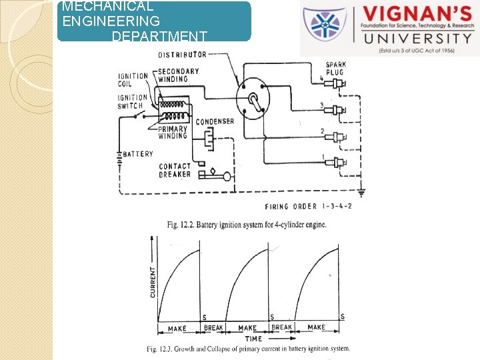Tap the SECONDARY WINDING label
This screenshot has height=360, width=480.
click(178, 75)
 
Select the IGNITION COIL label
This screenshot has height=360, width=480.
click(133, 79)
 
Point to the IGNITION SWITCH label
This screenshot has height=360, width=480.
click(133, 101)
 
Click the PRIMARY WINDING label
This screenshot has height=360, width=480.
click(173, 132)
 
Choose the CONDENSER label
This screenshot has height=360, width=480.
click(215, 121)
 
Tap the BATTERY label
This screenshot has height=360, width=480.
click(138, 154)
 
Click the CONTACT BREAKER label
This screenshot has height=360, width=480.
click(175, 171)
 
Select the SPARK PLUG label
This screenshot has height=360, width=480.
click(335, 69)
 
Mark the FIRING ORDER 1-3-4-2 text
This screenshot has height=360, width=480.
click(308, 207)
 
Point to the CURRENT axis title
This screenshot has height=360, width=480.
click(153, 281)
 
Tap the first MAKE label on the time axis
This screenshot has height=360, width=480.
click(177, 328)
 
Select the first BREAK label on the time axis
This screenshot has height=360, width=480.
click(213, 328)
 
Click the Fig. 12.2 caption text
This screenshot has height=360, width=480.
click(247, 225)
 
